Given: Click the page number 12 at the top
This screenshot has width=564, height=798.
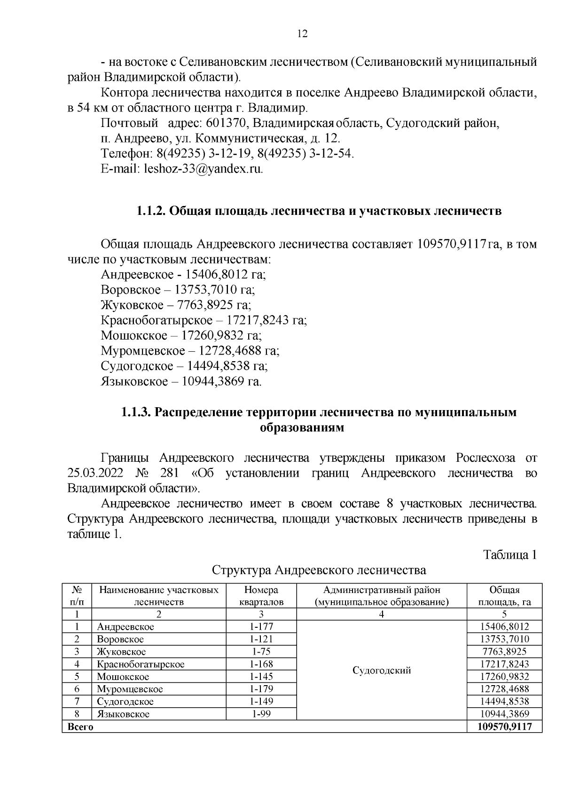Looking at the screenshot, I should [302, 34].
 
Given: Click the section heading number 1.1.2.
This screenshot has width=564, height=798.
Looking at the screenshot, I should [150, 211].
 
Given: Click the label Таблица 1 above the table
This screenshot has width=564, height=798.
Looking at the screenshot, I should [510, 555].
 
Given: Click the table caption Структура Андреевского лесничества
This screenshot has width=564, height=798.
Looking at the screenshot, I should [319, 570].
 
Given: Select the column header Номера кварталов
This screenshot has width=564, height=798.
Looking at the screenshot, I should [261, 596].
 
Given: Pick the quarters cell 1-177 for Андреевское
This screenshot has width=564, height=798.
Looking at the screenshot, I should [261, 627].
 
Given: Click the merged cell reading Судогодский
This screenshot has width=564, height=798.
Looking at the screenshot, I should [382, 670].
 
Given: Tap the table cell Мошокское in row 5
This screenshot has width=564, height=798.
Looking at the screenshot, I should [123, 677].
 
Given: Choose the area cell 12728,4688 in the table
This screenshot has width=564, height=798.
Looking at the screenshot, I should [504, 689].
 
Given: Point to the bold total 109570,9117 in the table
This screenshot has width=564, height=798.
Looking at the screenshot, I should [504, 727].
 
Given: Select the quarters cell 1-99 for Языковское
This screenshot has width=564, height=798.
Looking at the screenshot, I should [261, 714].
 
